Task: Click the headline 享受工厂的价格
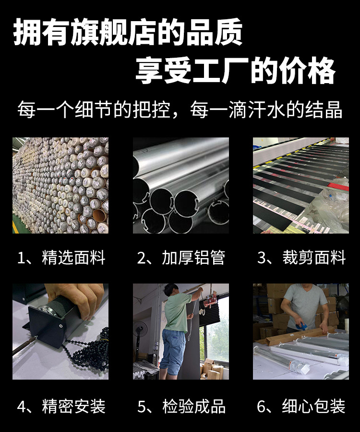235,71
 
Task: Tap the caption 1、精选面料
61,258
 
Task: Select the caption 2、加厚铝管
181,258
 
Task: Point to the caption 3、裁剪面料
301,258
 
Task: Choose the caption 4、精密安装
61,407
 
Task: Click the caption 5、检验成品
181,407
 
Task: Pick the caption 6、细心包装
301,407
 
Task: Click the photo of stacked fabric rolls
60,185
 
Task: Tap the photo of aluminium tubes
181,185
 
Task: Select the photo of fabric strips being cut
301,185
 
